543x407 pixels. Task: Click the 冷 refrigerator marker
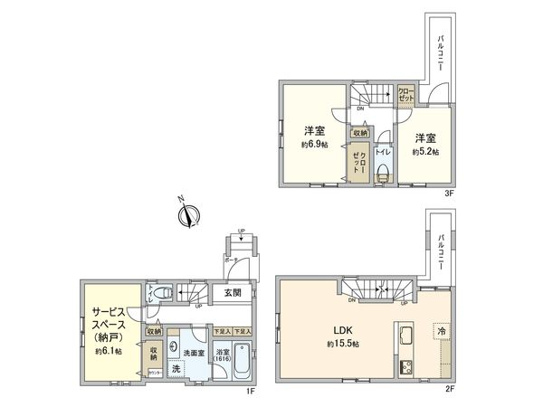[441, 332]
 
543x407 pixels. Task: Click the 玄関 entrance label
[232, 292]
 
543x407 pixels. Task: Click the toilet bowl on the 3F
[382, 174]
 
